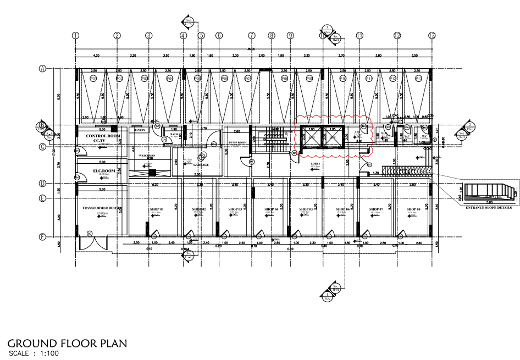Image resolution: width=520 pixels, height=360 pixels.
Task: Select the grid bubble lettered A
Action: (42, 69)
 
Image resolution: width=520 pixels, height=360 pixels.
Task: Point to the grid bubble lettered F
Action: (42, 237)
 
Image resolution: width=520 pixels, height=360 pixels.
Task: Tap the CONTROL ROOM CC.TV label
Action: (99, 138)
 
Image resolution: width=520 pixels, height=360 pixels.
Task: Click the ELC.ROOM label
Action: (98, 171)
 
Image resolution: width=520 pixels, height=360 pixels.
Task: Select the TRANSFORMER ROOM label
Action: (99, 208)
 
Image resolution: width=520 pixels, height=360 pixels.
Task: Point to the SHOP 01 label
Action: (157, 209)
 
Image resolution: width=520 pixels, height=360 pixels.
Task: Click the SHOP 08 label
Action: (414, 209)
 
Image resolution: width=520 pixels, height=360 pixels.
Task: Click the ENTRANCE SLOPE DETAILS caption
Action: (488, 208)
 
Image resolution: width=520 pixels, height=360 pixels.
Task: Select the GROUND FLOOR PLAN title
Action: (68, 344)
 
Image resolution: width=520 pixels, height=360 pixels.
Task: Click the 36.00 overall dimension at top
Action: (252, 49)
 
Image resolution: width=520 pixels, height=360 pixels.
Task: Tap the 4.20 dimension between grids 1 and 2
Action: (96, 56)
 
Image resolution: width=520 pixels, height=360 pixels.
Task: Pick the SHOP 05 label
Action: (306, 209)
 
